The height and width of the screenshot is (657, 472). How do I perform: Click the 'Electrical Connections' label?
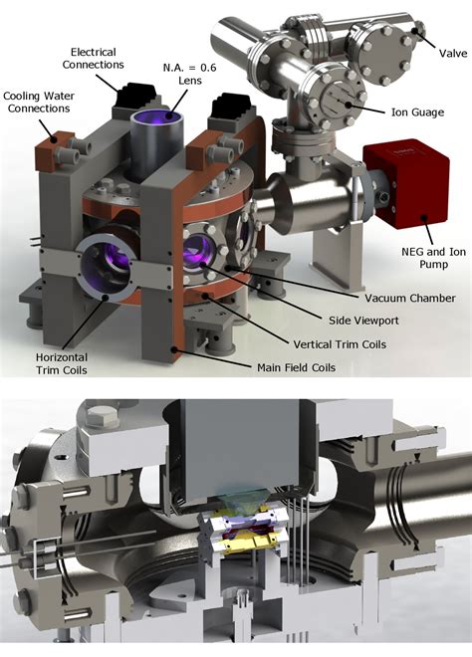coord(98,57)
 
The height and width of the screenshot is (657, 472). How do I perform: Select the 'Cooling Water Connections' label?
coord(37,103)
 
